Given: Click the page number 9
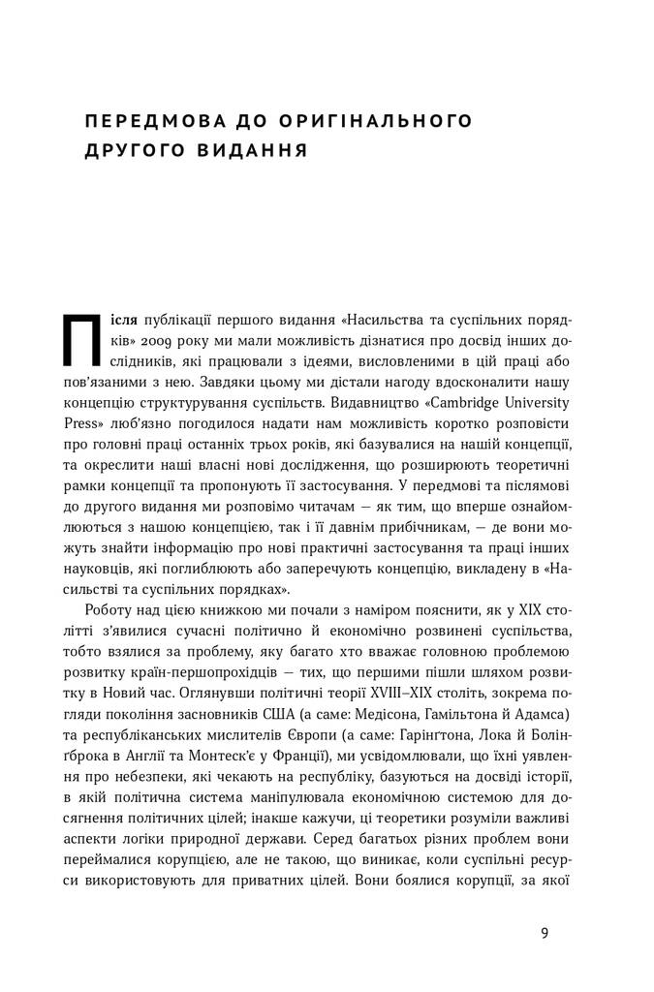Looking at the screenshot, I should coord(545,934).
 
